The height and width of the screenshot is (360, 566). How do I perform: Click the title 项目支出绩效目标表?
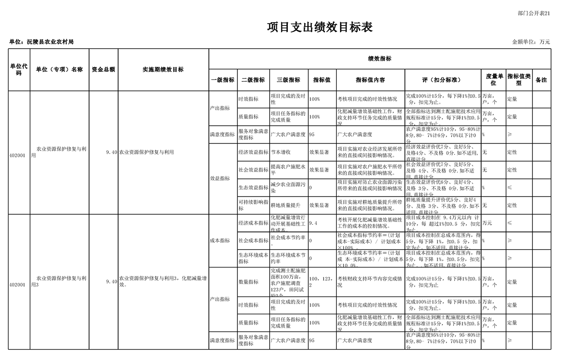(320, 28)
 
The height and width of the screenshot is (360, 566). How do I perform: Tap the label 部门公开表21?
(534, 14)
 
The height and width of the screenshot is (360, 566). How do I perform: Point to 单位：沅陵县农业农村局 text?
(41, 42)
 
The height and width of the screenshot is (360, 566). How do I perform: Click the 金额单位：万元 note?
(531, 42)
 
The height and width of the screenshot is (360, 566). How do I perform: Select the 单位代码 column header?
(19, 69)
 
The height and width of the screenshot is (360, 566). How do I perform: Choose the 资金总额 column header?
(103, 69)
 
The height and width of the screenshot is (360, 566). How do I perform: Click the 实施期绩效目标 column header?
(163, 69)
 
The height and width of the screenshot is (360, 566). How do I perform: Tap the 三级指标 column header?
(288, 80)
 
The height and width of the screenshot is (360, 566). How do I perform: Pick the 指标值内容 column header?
(370, 80)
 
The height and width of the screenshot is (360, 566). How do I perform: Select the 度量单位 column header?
(493, 80)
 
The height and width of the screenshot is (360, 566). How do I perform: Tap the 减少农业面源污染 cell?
(288, 187)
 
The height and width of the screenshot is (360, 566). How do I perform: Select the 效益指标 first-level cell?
(220, 178)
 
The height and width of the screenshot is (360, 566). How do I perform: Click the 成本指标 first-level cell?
(220, 241)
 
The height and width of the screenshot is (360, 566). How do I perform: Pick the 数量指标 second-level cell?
(248, 282)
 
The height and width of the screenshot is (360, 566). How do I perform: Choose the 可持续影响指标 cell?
(253, 205)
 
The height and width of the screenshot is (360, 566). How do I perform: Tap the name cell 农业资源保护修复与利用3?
(59, 281)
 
